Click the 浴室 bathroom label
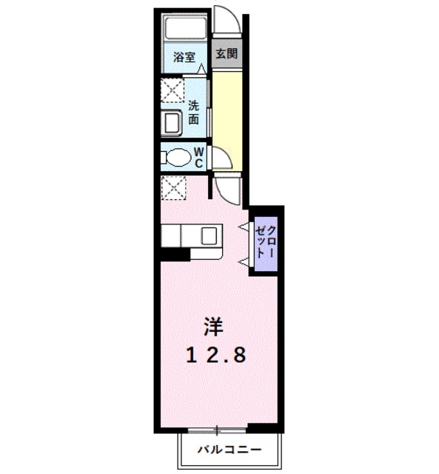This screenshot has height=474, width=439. [184, 56]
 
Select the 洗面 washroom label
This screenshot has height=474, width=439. [193, 111]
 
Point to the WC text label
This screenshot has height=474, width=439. [199, 157]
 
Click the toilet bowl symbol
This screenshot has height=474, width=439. [178, 158]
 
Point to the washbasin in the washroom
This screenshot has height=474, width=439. [172, 122]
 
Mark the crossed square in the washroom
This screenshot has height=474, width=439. [173, 93]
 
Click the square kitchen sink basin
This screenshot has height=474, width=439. [208, 236]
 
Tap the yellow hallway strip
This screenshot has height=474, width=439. [227, 118]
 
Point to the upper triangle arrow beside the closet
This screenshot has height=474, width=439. [243, 225]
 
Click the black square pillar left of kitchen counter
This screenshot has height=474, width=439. [173, 253]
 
